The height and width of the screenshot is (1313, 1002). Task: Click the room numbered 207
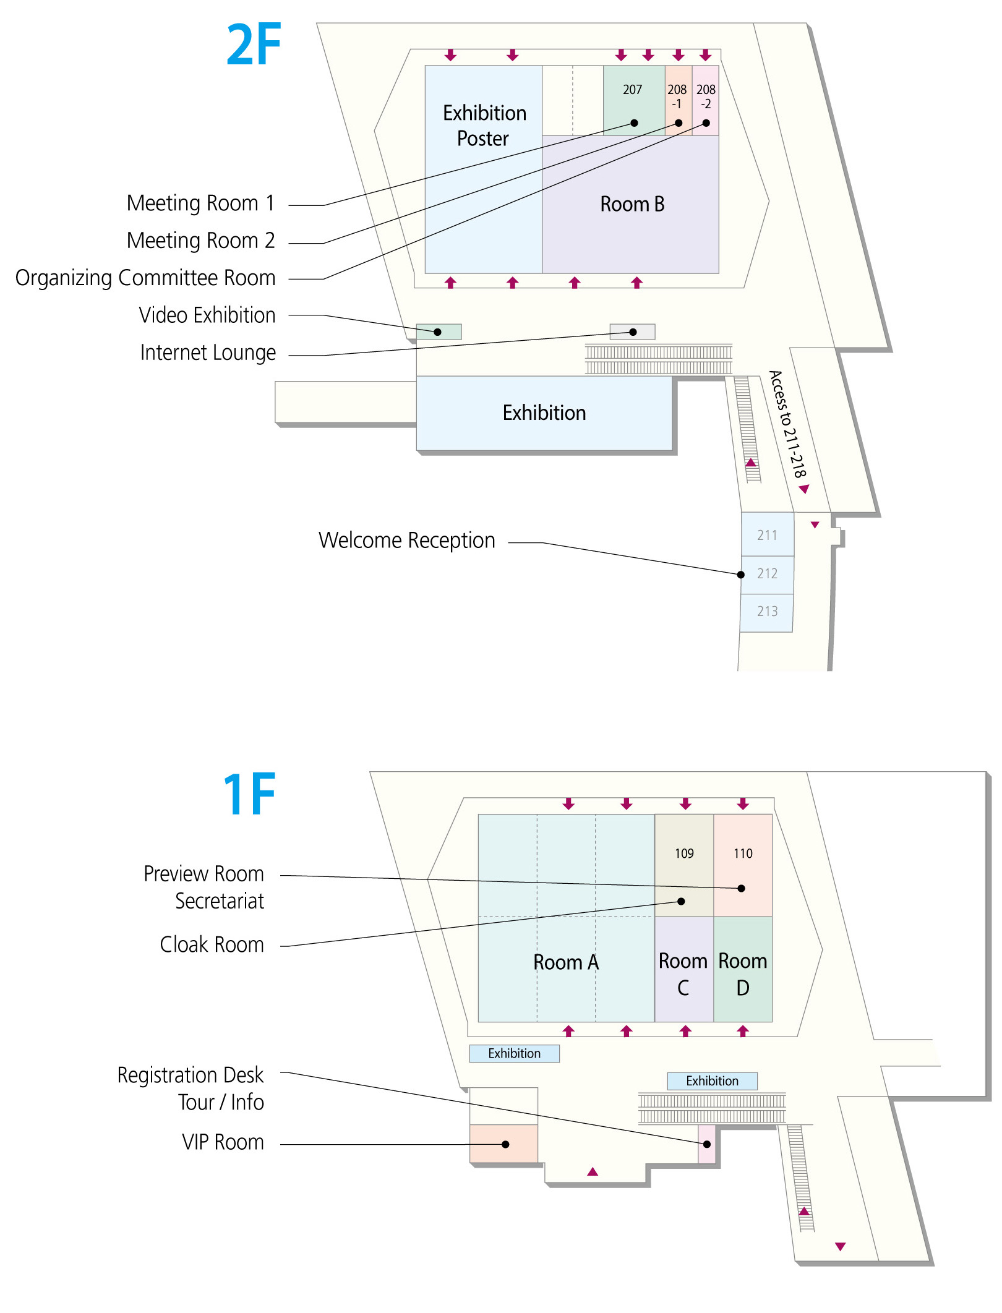[x=634, y=100]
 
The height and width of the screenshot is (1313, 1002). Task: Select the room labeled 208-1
[x=679, y=100]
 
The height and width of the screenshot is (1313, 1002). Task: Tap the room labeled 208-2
[x=706, y=100]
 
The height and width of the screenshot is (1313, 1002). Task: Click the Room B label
[x=632, y=204]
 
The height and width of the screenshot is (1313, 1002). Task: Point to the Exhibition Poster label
[x=484, y=126]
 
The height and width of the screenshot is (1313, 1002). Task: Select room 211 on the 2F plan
[x=768, y=534]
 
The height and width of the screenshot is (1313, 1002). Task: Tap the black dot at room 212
[x=741, y=575]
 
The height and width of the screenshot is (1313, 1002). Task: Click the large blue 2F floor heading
[x=254, y=44]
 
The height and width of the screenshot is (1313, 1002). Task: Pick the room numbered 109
[x=684, y=865]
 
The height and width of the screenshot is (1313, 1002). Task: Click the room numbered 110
[x=743, y=865]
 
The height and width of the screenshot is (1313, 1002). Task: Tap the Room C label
[x=683, y=974]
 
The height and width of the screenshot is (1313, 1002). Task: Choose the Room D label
[x=743, y=974]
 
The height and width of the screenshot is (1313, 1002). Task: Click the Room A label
[x=566, y=962]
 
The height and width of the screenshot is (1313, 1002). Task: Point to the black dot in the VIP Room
[x=505, y=1144]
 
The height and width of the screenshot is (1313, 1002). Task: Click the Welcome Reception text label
[x=407, y=540]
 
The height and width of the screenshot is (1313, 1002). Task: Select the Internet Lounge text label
[x=208, y=353]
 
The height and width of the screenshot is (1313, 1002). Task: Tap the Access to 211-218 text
[x=787, y=424]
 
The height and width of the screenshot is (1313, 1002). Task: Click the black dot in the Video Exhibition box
[x=437, y=332]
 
